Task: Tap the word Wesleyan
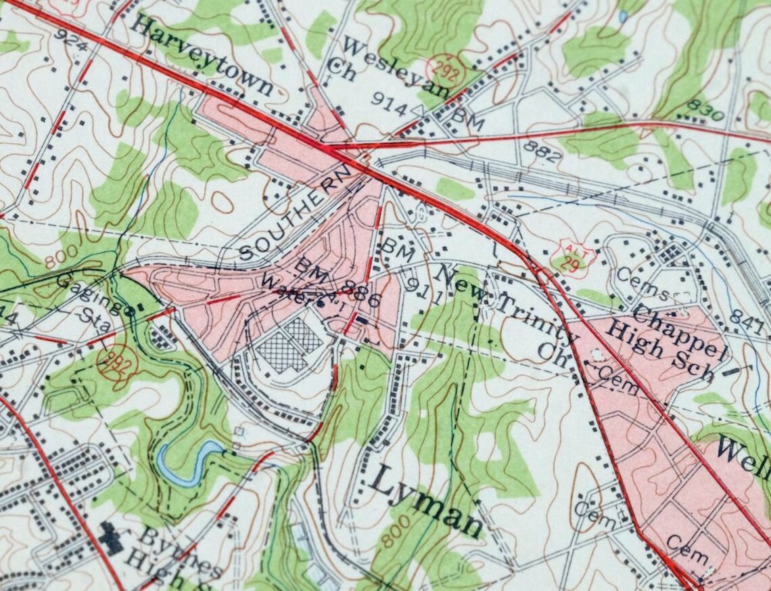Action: (x=396, y=67)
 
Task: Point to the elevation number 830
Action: (x=705, y=110)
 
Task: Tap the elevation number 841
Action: (x=747, y=318)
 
